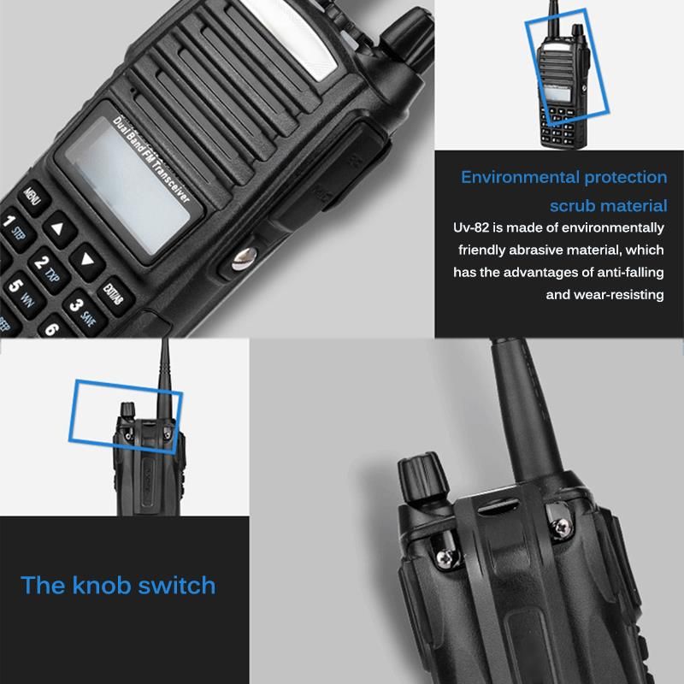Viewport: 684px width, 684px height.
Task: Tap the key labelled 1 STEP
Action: tap(17, 229)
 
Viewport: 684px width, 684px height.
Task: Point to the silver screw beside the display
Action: tap(242, 258)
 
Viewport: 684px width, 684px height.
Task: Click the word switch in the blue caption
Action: tap(176, 586)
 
